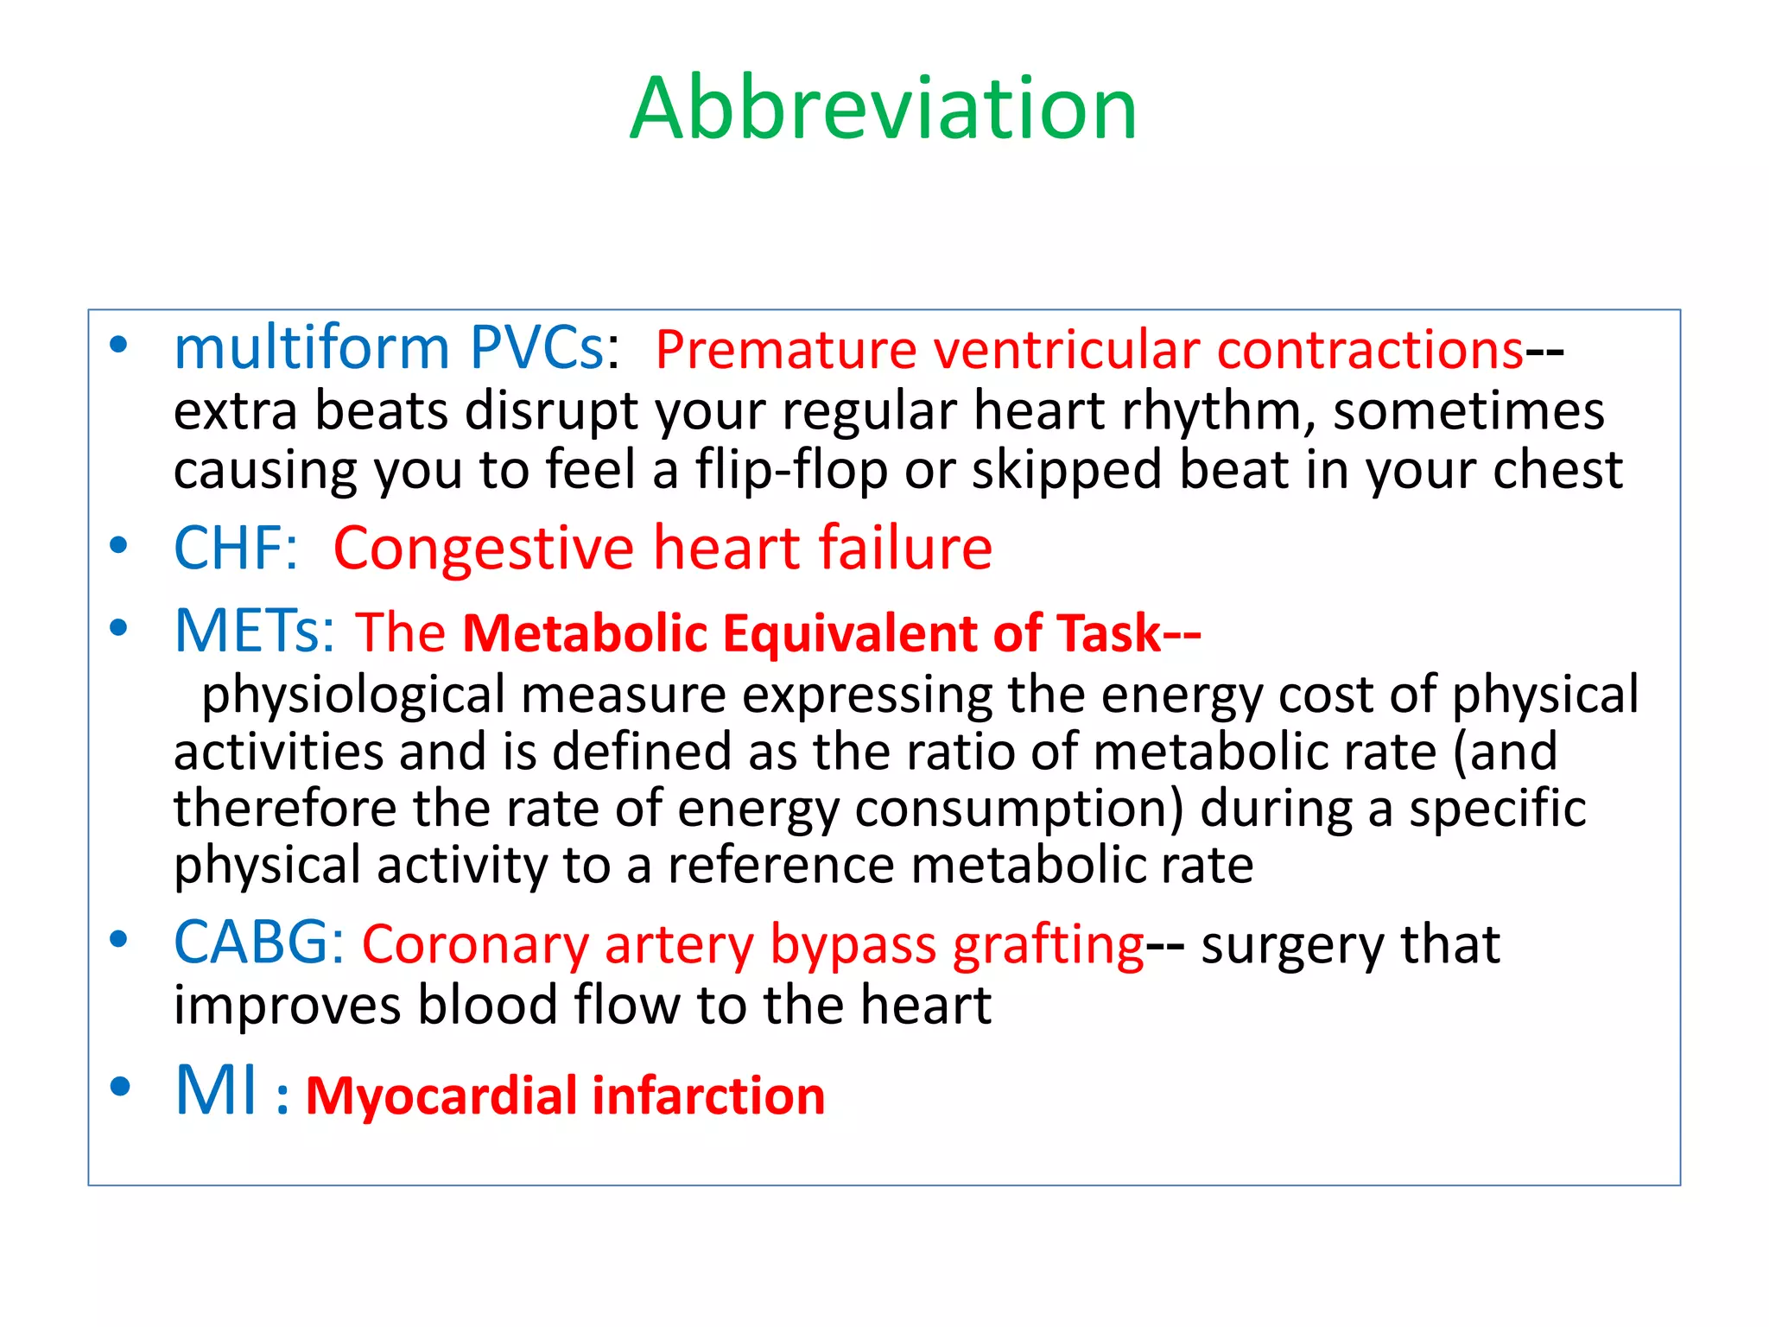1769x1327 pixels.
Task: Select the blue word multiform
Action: (x=312, y=349)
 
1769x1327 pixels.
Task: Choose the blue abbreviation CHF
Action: (x=230, y=549)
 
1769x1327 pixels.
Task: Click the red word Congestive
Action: (x=484, y=549)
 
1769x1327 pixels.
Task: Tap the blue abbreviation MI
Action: (x=216, y=1091)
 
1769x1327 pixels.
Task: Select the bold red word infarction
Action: (x=708, y=1096)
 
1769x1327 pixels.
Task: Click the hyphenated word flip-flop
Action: (x=791, y=472)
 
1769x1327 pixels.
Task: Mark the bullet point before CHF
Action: (x=119, y=546)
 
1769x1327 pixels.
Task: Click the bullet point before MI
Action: (x=119, y=1087)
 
